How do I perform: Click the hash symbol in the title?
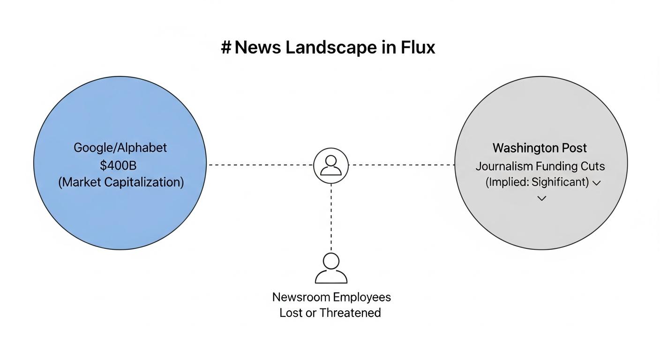[226, 47]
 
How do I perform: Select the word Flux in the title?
[418, 47]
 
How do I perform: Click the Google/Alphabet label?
[120, 148]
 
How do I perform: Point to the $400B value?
[118, 165]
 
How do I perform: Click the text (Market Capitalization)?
[121, 182]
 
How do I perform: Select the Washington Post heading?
[540, 148]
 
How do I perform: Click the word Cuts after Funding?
[592, 166]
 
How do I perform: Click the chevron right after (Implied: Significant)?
[597, 183]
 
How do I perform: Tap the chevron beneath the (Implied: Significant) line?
[541, 198]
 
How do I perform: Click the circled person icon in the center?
[331, 165]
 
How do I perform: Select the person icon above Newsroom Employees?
[331, 268]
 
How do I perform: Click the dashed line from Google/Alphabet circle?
[260, 165]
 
